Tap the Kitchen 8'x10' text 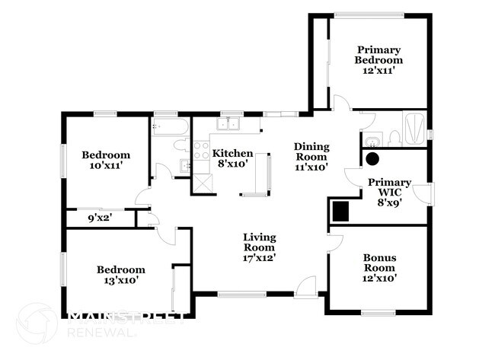(x=232, y=158)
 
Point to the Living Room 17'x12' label (x=259, y=247)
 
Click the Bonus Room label (x=378, y=267)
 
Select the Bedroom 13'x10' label (x=120, y=274)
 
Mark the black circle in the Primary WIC (x=373, y=159)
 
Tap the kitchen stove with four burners (x=200, y=149)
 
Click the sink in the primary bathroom (x=371, y=139)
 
